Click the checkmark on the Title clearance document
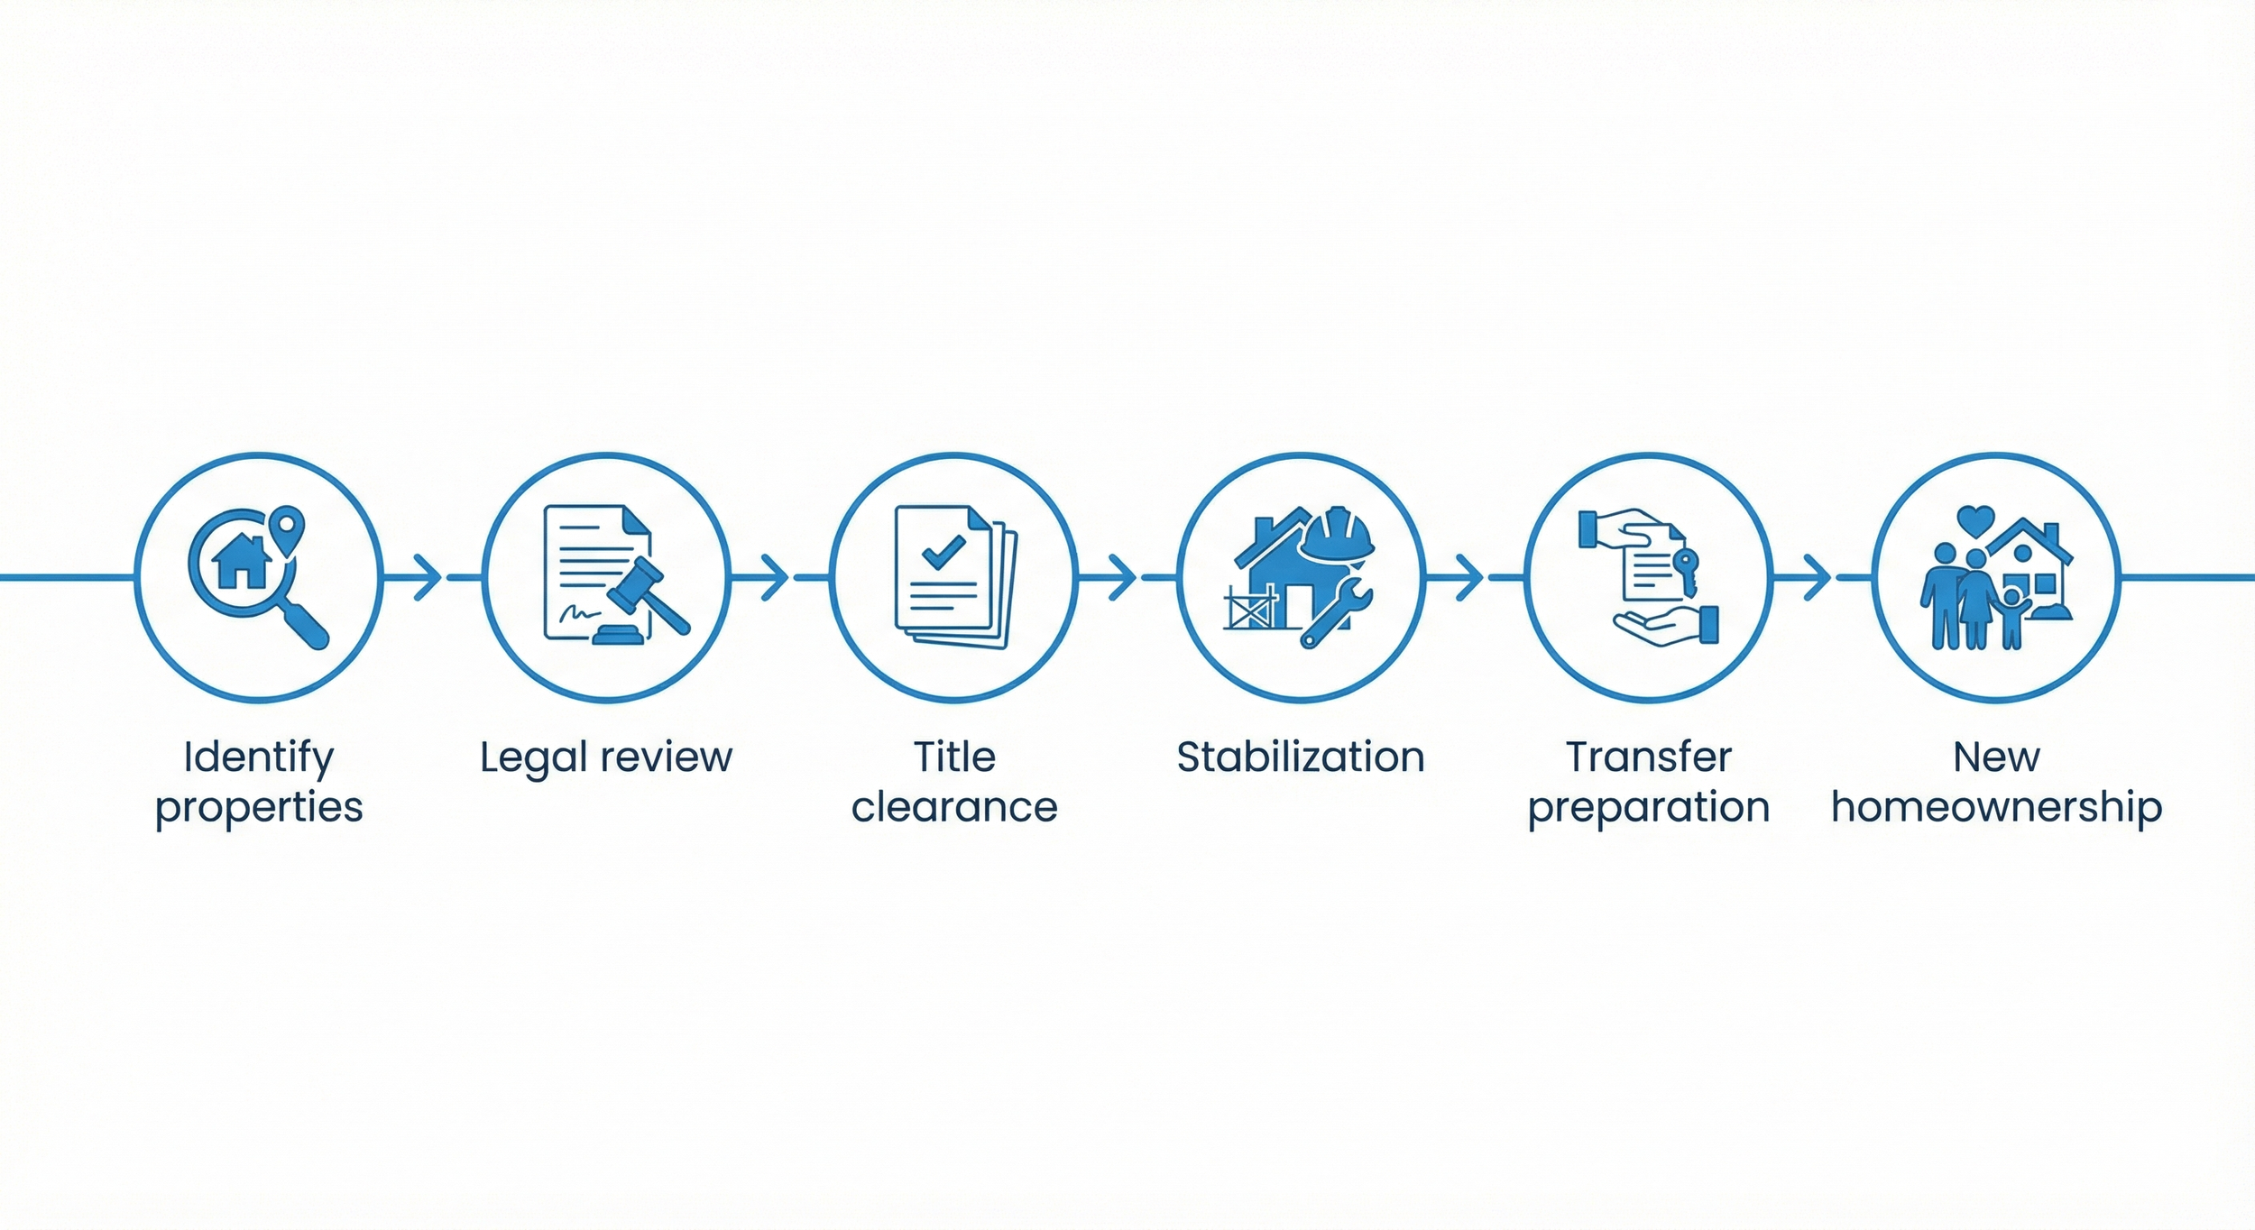pyautogui.click(x=943, y=550)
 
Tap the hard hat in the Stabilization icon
pyautogui.click(x=1337, y=535)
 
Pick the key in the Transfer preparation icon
pyautogui.click(x=1685, y=571)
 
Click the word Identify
pyautogui.click(x=259, y=758)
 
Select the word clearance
pyautogui.click(x=954, y=807)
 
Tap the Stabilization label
pyautogui.click(x=1301, y=757)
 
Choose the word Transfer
pyautogui.click(x=1649, y=757)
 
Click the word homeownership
pyautogui.click(x=1996, y=807)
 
